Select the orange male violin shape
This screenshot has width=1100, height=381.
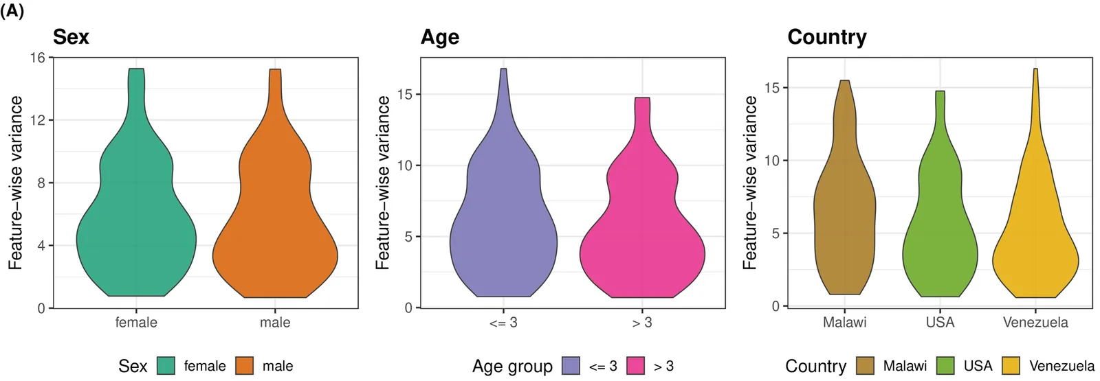click(275, 233)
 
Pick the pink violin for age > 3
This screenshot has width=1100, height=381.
click(642, 240)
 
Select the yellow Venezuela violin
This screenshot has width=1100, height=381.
click(1035, 247)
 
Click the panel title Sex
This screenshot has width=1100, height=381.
click(71, 37)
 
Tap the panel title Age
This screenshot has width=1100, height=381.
click(440, 37)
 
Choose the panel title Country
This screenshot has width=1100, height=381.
click(827, 37)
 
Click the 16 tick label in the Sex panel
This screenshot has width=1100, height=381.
click(37, 58)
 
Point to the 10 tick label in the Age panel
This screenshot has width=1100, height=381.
click(405, 165)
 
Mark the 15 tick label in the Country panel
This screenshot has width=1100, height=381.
click(772, 88)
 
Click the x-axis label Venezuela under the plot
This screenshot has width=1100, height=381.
click(1035, 323)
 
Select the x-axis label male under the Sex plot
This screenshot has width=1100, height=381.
click(275, 323)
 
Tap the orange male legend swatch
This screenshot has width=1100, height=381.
click(244, 366)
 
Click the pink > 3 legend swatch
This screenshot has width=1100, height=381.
click(635, 366)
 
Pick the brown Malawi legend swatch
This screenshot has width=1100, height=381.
click(865, 366)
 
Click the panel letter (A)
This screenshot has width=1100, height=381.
click(12, 11)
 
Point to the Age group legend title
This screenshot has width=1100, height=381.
click(512, 367)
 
